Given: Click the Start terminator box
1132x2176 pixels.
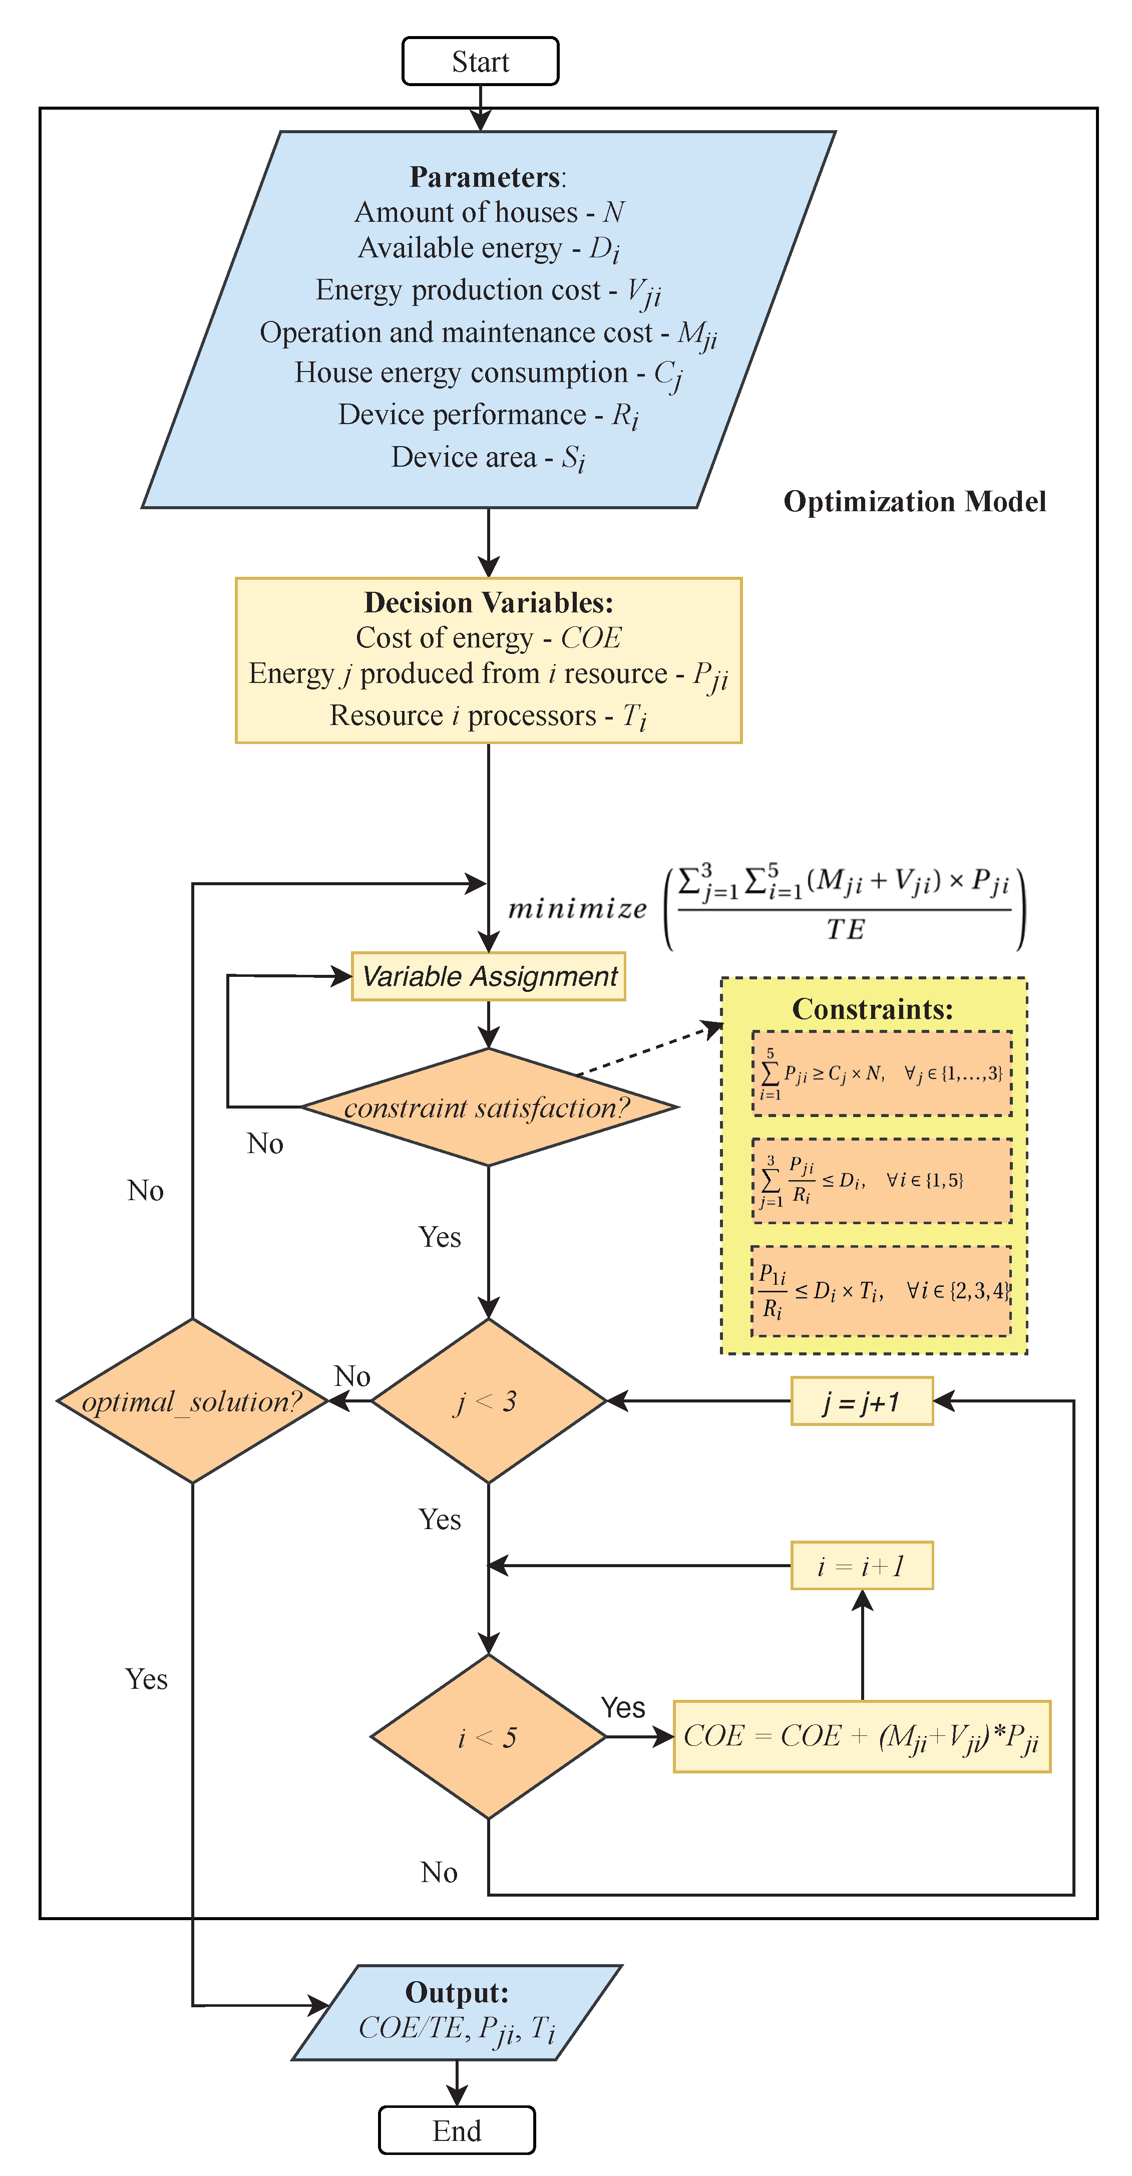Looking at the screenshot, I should pyautogui.click(x=480, y=62).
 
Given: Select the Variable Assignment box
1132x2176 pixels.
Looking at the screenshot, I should pyautogui.click(x=488, y=976).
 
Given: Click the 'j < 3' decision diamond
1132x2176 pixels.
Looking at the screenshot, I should pyautogui.click(x=488, y=1400).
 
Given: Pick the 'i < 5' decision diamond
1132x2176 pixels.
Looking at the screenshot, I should pyautogui.click(x=488, y=1737).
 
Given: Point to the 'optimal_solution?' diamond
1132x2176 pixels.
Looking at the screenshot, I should pyautogui.click(x=193, y=1400).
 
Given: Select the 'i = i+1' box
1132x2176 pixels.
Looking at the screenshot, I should pyautogui.click(x=862, y=1565).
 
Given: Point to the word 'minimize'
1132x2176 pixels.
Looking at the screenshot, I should pyautogui.click(x=577, y=909).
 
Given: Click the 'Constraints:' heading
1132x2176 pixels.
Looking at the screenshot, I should pyautogui.click(x=872, y=1008).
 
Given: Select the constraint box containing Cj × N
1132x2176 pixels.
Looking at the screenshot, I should pyautogui.click(x=881, y=1073).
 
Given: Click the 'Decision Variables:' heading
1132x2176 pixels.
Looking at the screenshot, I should pyautogui.click(x=488, y=602).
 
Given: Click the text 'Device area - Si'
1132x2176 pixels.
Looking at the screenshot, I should pyautogui.click(x=488, y=457).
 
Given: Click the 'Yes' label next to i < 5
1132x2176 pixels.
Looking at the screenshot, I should pyautogui.click(x=623, y=1707).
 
